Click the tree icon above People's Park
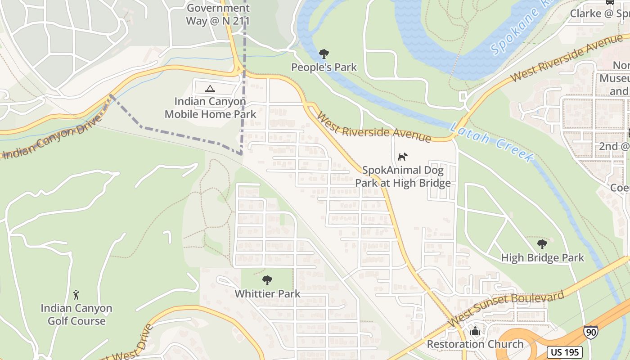[x=324, y=54]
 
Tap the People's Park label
[x=324, y=67]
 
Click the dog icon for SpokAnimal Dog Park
[x=403, y=157]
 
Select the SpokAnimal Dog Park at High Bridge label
[x=403, y=177]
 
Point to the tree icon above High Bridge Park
[x=542, y=244]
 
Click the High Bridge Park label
[x=542, y=258]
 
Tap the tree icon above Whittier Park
[x=267, y=280]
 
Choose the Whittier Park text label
[x=267, y=294]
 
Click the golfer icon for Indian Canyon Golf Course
[x=76, y=295]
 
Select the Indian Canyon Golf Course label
[x=76, y=315]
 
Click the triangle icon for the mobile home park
[x=210, y=89]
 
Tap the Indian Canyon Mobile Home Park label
[x=210, y=108]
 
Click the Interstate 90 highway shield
[x=590, y=332]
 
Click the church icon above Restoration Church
[x=475, y=331]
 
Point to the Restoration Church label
[x=475, y=344]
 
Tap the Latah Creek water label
[x=492, y=141]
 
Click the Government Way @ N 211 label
[x=218, y=14]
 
